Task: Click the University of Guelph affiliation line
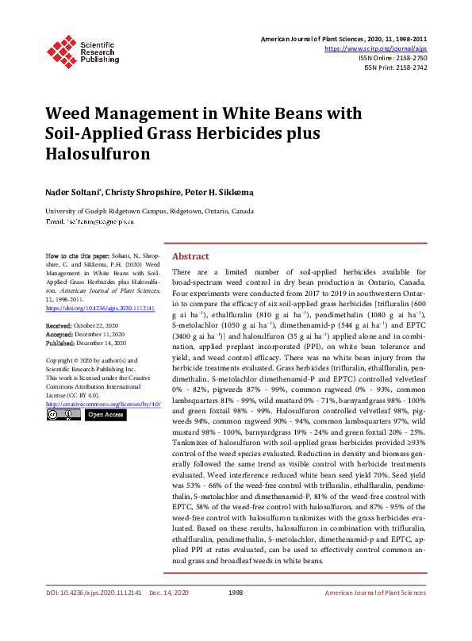149,212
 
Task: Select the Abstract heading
190,257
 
